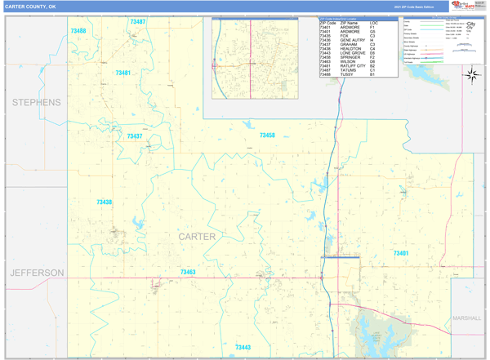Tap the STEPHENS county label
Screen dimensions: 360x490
tap(35, 103)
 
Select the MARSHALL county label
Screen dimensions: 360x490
tap(468, 318)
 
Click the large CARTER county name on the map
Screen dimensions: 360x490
tap(197, 237)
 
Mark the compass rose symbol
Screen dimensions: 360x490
tap(472, 76)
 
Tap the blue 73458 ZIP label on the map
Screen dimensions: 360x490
tap(267, 136)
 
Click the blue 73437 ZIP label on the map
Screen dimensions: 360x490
tap(135, 136)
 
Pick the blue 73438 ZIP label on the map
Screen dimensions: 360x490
tap(105, 202)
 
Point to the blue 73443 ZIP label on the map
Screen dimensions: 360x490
tap(243, 348)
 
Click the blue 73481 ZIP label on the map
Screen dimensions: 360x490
tap(123, 73)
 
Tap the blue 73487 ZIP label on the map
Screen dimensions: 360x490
tap(138, 22)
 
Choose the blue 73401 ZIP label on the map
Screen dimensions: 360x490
tap(401, 254)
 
